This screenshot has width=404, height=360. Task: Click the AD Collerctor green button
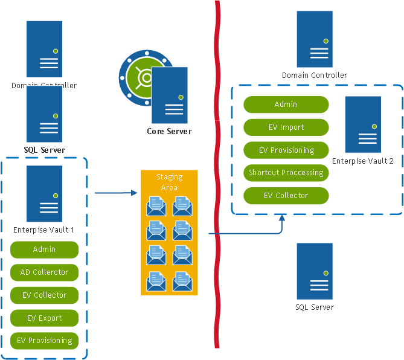coord(44,272)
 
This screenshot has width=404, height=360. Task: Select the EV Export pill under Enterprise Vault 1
coord(44,318)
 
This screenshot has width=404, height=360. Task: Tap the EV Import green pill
coord(286,127)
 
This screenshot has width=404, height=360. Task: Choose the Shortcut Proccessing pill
coord(286,173)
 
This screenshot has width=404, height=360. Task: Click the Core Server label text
coord(169,131)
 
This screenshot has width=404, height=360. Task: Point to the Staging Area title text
coord(168,182)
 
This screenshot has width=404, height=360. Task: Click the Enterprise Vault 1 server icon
coord(44,193)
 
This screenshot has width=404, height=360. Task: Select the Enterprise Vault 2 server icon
coord(363,124)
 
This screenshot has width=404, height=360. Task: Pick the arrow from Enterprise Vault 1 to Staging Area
coord(115,193)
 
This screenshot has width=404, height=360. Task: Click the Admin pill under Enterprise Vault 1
coord(44,249)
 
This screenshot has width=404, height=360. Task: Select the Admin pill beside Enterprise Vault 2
coord(286,104)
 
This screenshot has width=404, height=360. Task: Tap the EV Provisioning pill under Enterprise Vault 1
coord(44,341)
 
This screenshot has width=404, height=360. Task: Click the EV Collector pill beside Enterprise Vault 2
coord(286,196)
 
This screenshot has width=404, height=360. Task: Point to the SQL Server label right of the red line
coord(314,307)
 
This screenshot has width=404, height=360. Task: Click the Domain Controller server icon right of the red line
coord(315,39)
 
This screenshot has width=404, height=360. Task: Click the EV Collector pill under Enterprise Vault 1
coord(44,295)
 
